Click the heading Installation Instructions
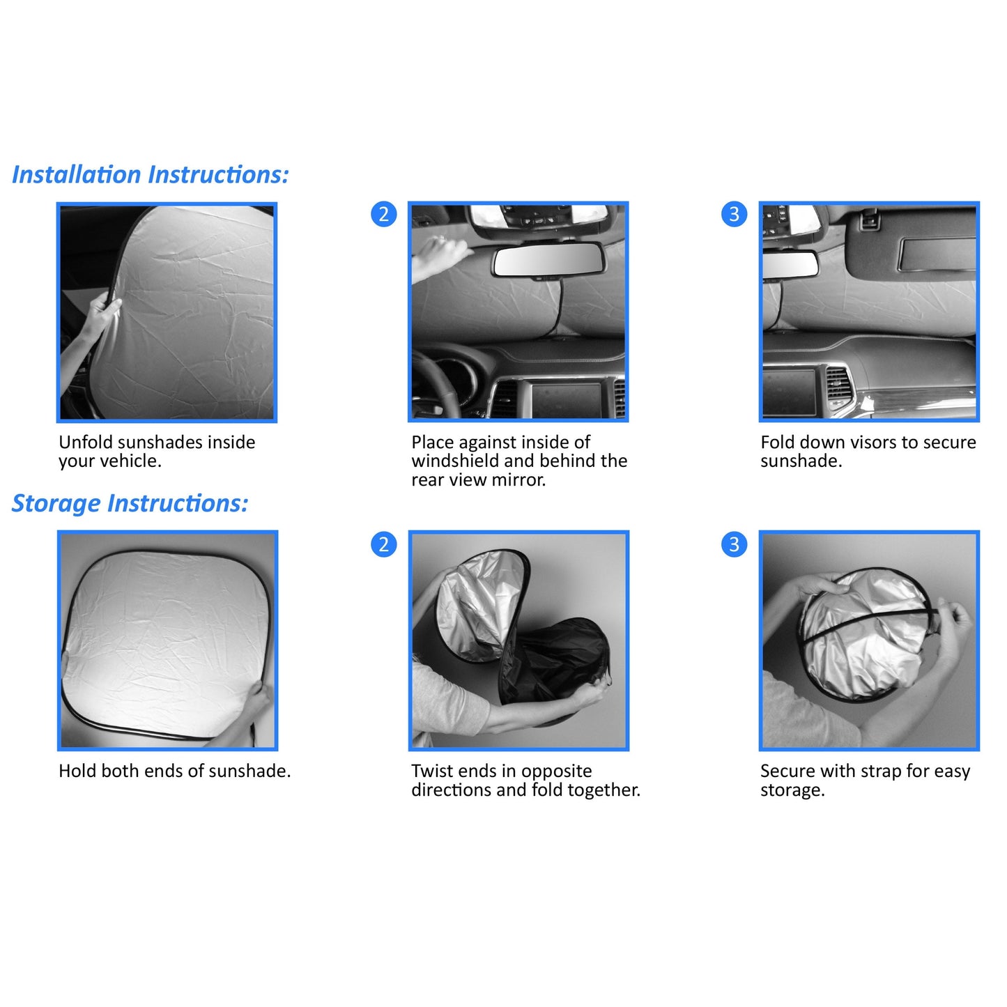pyautogui.click(x=150, y=174)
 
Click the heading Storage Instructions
pyautogui.click(x=130, y=503)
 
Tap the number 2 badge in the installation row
pyautogui.click(x=383, y=214)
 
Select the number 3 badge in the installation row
pyautogui.click(x=734, y=214)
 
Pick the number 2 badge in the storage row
pyautogui.click(x=383, y=544)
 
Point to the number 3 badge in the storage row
pyautogui.click(x=734, y=544)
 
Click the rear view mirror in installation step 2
pyautogui.click(x=548, y=262)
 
